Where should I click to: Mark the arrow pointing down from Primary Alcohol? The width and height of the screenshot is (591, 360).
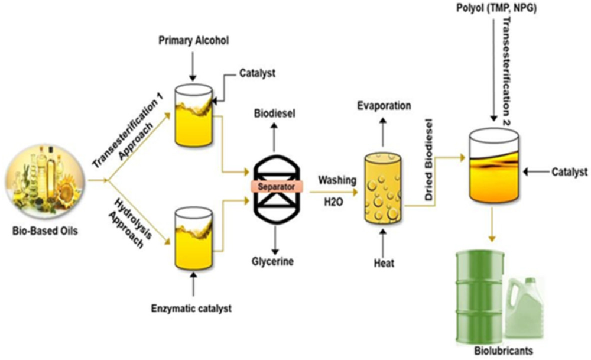[193, 66]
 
